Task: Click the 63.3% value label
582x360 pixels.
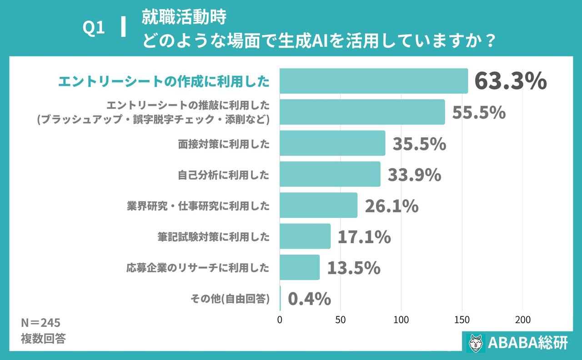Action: tap(510, 81)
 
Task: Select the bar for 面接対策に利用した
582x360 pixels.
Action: tap(332, 143)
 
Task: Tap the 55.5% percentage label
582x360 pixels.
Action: tap(479, 112)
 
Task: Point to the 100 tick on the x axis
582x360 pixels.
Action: tap(401, 320)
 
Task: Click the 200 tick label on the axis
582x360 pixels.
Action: tap(522, 320)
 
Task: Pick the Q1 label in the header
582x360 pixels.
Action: tap(94, 29)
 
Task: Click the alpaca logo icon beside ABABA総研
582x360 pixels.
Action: tap(476, 343)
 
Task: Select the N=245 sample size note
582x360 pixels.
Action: tap(40, 323)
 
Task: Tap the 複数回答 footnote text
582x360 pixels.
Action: tap(43, 339)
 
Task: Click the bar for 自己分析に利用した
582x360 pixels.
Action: tap(330, 174)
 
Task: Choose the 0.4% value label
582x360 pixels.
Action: tap(310, 299)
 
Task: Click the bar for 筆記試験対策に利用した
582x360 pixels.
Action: tap(305, 236)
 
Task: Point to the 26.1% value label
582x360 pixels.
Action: tap(391, 205)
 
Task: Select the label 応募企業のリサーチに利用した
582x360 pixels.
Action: tap(198, 268)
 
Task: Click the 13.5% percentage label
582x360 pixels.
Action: tap(354, 268)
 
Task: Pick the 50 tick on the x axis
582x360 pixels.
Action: tap(341, 320)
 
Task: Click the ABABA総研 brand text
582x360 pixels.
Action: tap(527, 343)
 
